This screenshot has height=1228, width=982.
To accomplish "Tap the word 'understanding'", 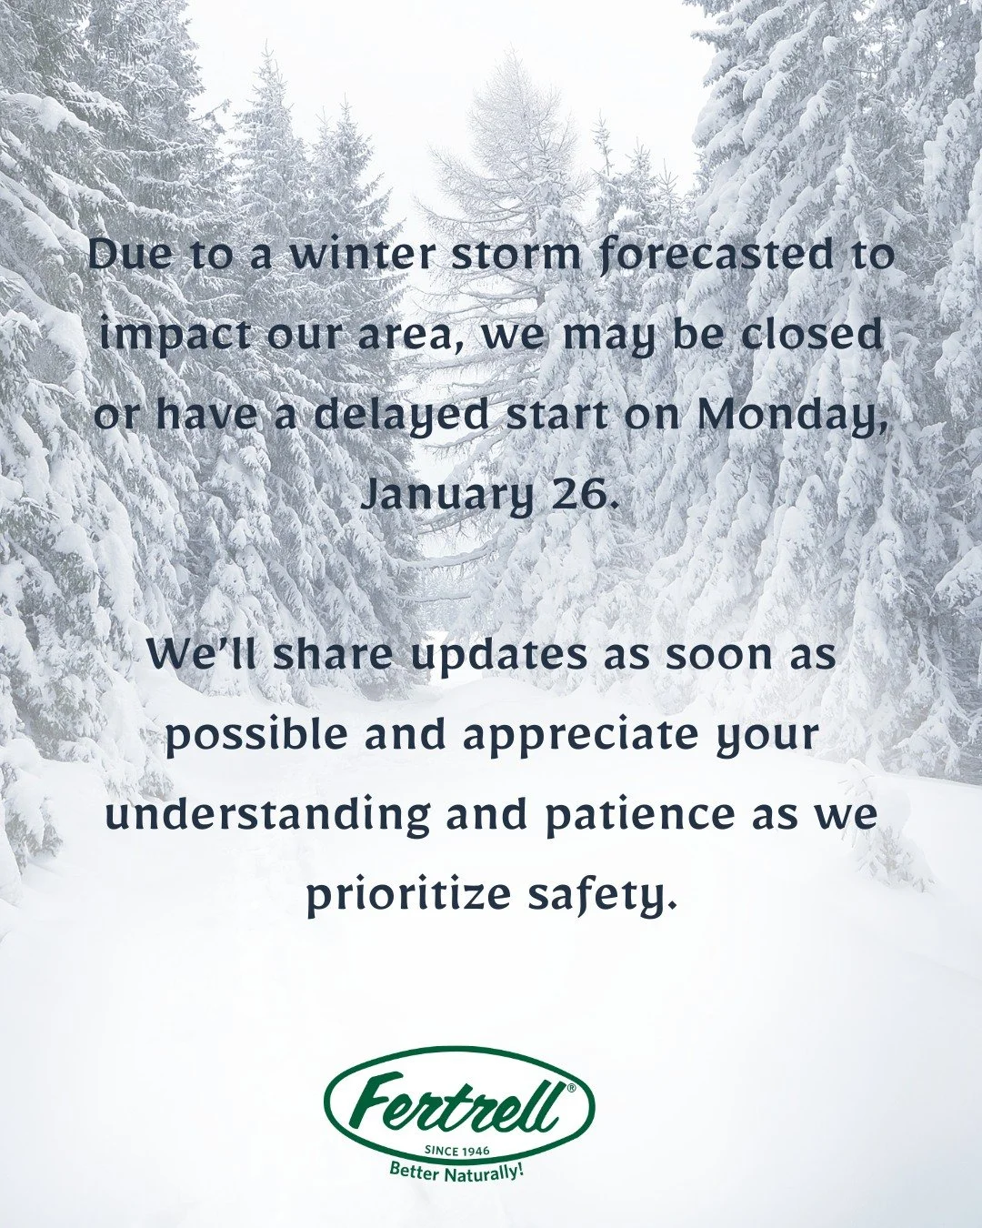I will (x=267, y=814).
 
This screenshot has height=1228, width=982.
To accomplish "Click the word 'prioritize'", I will (x=409, y=894).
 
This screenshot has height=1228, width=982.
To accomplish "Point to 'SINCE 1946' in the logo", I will (x=457, y=1152).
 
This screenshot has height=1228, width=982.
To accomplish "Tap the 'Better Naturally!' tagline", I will (x=457, y=1171).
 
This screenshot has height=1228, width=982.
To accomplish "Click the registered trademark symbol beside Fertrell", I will (x=571, y=1088).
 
